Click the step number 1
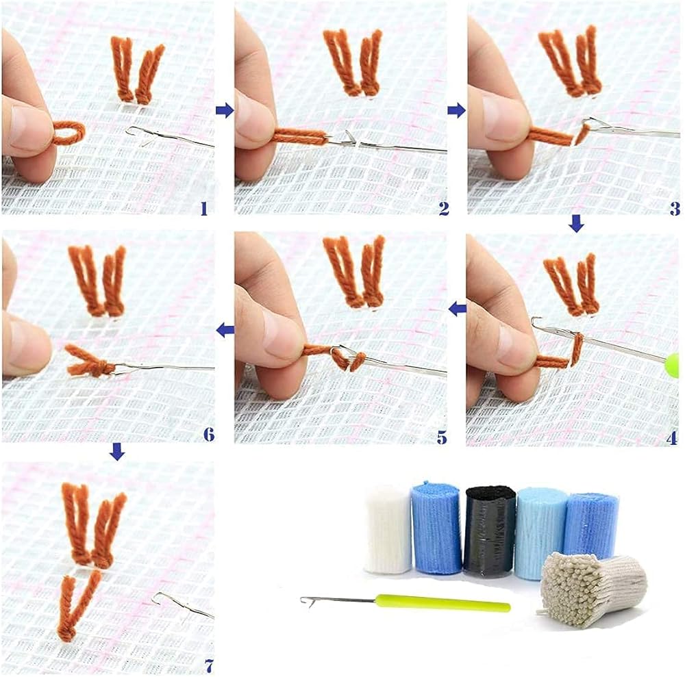pyautogui.click(x=204, y=209)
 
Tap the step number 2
pyautogui.click(x=444, y=209)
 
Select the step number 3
pyautogui.click(x=675, y=209)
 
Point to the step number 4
pyautogui.click(x=673, y=438)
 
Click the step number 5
pyautogui.click(x=442, y=437)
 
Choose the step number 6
pyautogui.click(x=209, y=434)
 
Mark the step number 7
pyautogui.click(x=209, y=666)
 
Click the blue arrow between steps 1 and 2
pyautogui.click(x=225, y=110)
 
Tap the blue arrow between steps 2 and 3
pyautogui.click(x=456, y=110)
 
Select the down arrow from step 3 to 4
pyautogui.click(x=577, y=225)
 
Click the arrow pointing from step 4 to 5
pyautogui.click(x=458, y=309)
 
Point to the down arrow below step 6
pyautogui.click(x=117, y=452)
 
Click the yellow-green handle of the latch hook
pyautogui.click(x=443, y=603)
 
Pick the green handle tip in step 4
pyautogui.click(x=673, y=366)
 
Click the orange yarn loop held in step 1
pyautogui.click(x=69, y=133)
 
